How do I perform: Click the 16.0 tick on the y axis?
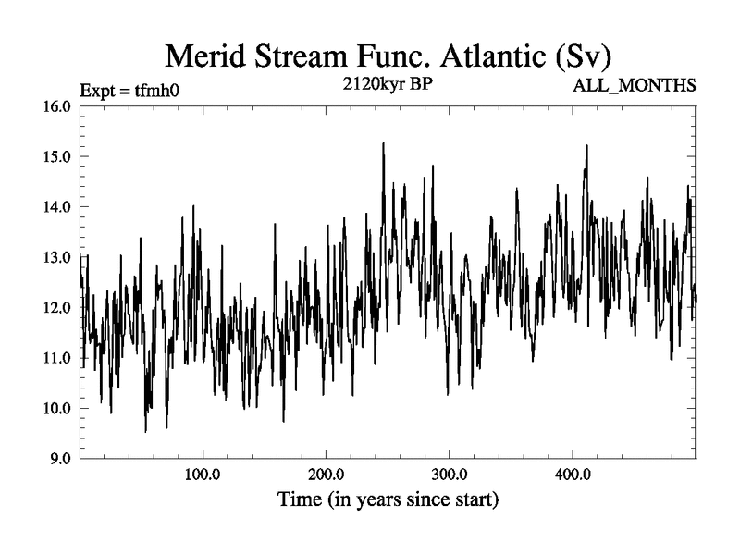tap(58, 105)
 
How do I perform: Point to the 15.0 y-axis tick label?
tap(58, 156)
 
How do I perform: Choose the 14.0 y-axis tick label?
tap(58, 206)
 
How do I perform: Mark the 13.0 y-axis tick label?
tap(58, 257)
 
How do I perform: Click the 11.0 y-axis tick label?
tap(58, 358)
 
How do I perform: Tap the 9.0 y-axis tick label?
tap(61, 459)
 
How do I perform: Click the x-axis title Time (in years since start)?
tap(388, 501)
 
